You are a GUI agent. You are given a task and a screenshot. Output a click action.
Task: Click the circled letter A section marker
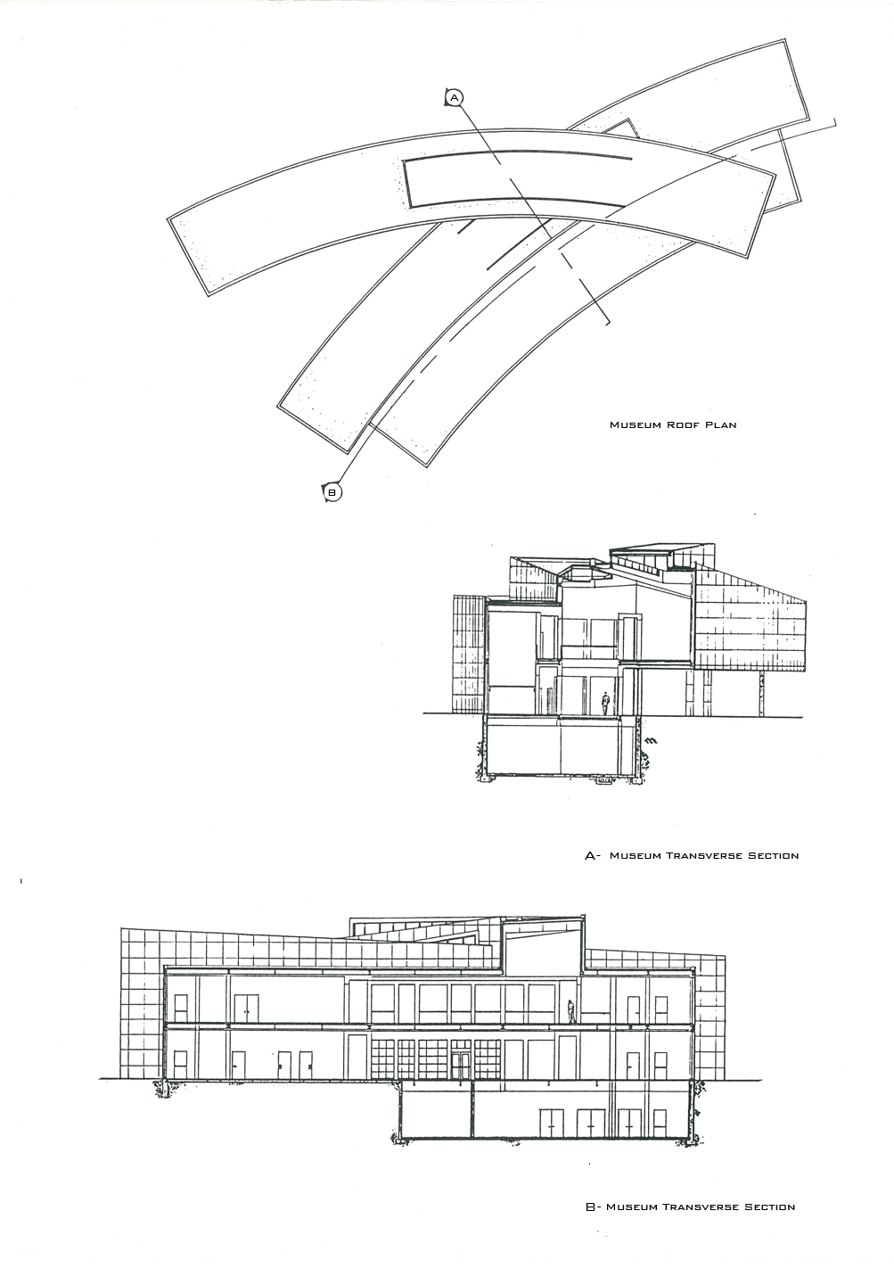[455, 98]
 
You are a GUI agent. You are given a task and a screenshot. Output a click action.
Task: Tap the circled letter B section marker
[332, 492]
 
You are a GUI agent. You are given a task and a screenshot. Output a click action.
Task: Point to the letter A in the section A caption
[590, 856]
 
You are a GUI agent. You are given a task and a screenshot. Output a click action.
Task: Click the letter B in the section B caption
[591, 1207]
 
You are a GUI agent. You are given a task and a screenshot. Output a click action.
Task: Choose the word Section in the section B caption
[769, 1207]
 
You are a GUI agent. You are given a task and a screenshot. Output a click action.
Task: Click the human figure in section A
[604, 703]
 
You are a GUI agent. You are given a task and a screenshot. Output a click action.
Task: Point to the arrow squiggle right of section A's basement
[652, 740]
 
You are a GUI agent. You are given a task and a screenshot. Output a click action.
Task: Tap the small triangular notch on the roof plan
[621, 128]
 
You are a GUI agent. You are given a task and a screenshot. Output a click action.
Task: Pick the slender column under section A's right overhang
[762, 694]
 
